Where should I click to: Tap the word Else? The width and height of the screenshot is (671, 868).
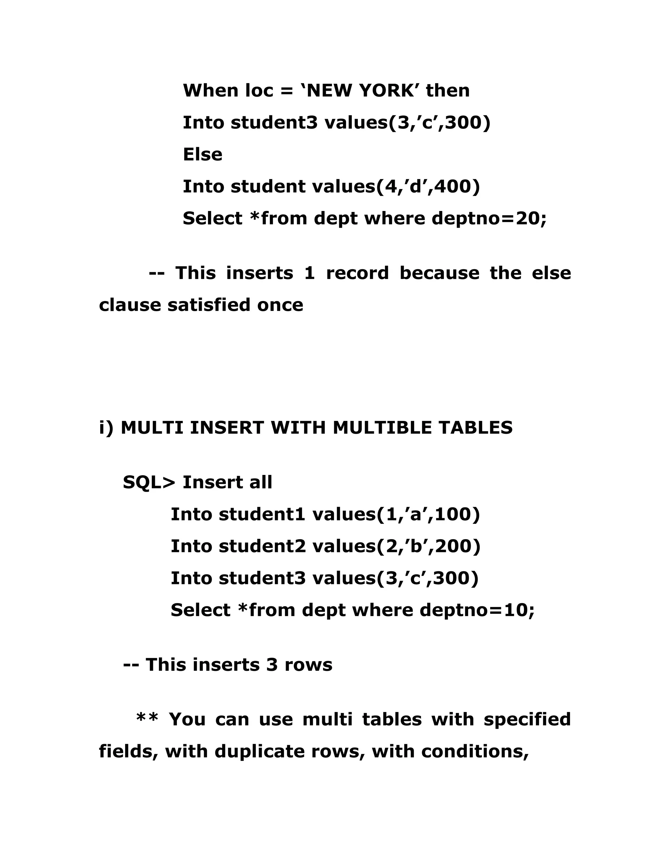(202, 154)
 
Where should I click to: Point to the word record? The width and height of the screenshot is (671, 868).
(357, 273)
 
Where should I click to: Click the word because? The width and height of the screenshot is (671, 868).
(439, 273)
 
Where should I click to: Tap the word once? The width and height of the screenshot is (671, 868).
(280, 305)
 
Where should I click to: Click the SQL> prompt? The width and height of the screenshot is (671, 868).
(149, 482)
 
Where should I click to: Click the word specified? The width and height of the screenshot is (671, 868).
(527, 719)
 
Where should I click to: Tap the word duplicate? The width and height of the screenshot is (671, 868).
(259, 751)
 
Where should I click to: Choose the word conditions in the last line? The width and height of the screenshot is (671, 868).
(475, 751)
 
